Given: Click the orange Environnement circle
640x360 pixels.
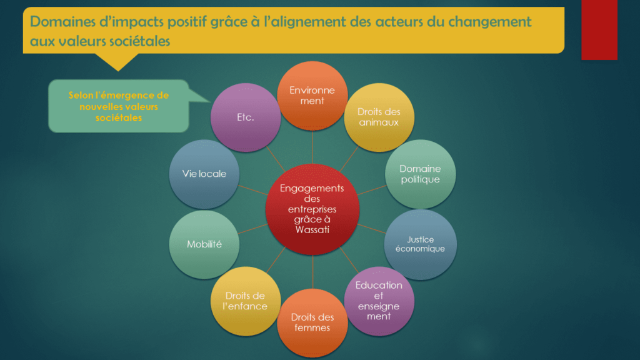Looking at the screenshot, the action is (312, 96).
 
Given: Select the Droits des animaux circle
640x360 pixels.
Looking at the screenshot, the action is (379, 117).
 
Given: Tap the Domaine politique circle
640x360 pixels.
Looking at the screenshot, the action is (421, 174).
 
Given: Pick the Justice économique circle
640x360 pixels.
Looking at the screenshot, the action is (421, 244).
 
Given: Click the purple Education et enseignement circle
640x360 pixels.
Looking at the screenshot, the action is (379, 301).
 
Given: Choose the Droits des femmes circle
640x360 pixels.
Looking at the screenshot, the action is (312, 323).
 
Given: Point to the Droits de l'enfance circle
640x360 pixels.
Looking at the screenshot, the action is (246, 301).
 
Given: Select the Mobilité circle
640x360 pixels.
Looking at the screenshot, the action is (204, 244).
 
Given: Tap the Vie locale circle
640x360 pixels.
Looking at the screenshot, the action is (204, 174).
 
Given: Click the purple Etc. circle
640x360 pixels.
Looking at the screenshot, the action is (246, 117).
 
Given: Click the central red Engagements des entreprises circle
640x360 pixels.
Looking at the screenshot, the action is (312, 209).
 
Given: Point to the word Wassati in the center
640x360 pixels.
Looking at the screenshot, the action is (312, 230).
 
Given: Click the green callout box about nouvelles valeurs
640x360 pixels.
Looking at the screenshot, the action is (119, 106).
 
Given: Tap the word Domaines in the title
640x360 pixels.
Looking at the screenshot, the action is (63, 22).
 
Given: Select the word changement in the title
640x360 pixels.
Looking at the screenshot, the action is (490, 22).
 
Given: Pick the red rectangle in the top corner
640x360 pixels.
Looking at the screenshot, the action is (599, 30).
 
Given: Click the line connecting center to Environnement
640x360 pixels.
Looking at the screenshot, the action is (312, 147).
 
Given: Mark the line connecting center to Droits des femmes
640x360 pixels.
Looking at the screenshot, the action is (312, 272).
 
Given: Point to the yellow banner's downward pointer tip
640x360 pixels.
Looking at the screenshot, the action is (118, 71).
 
